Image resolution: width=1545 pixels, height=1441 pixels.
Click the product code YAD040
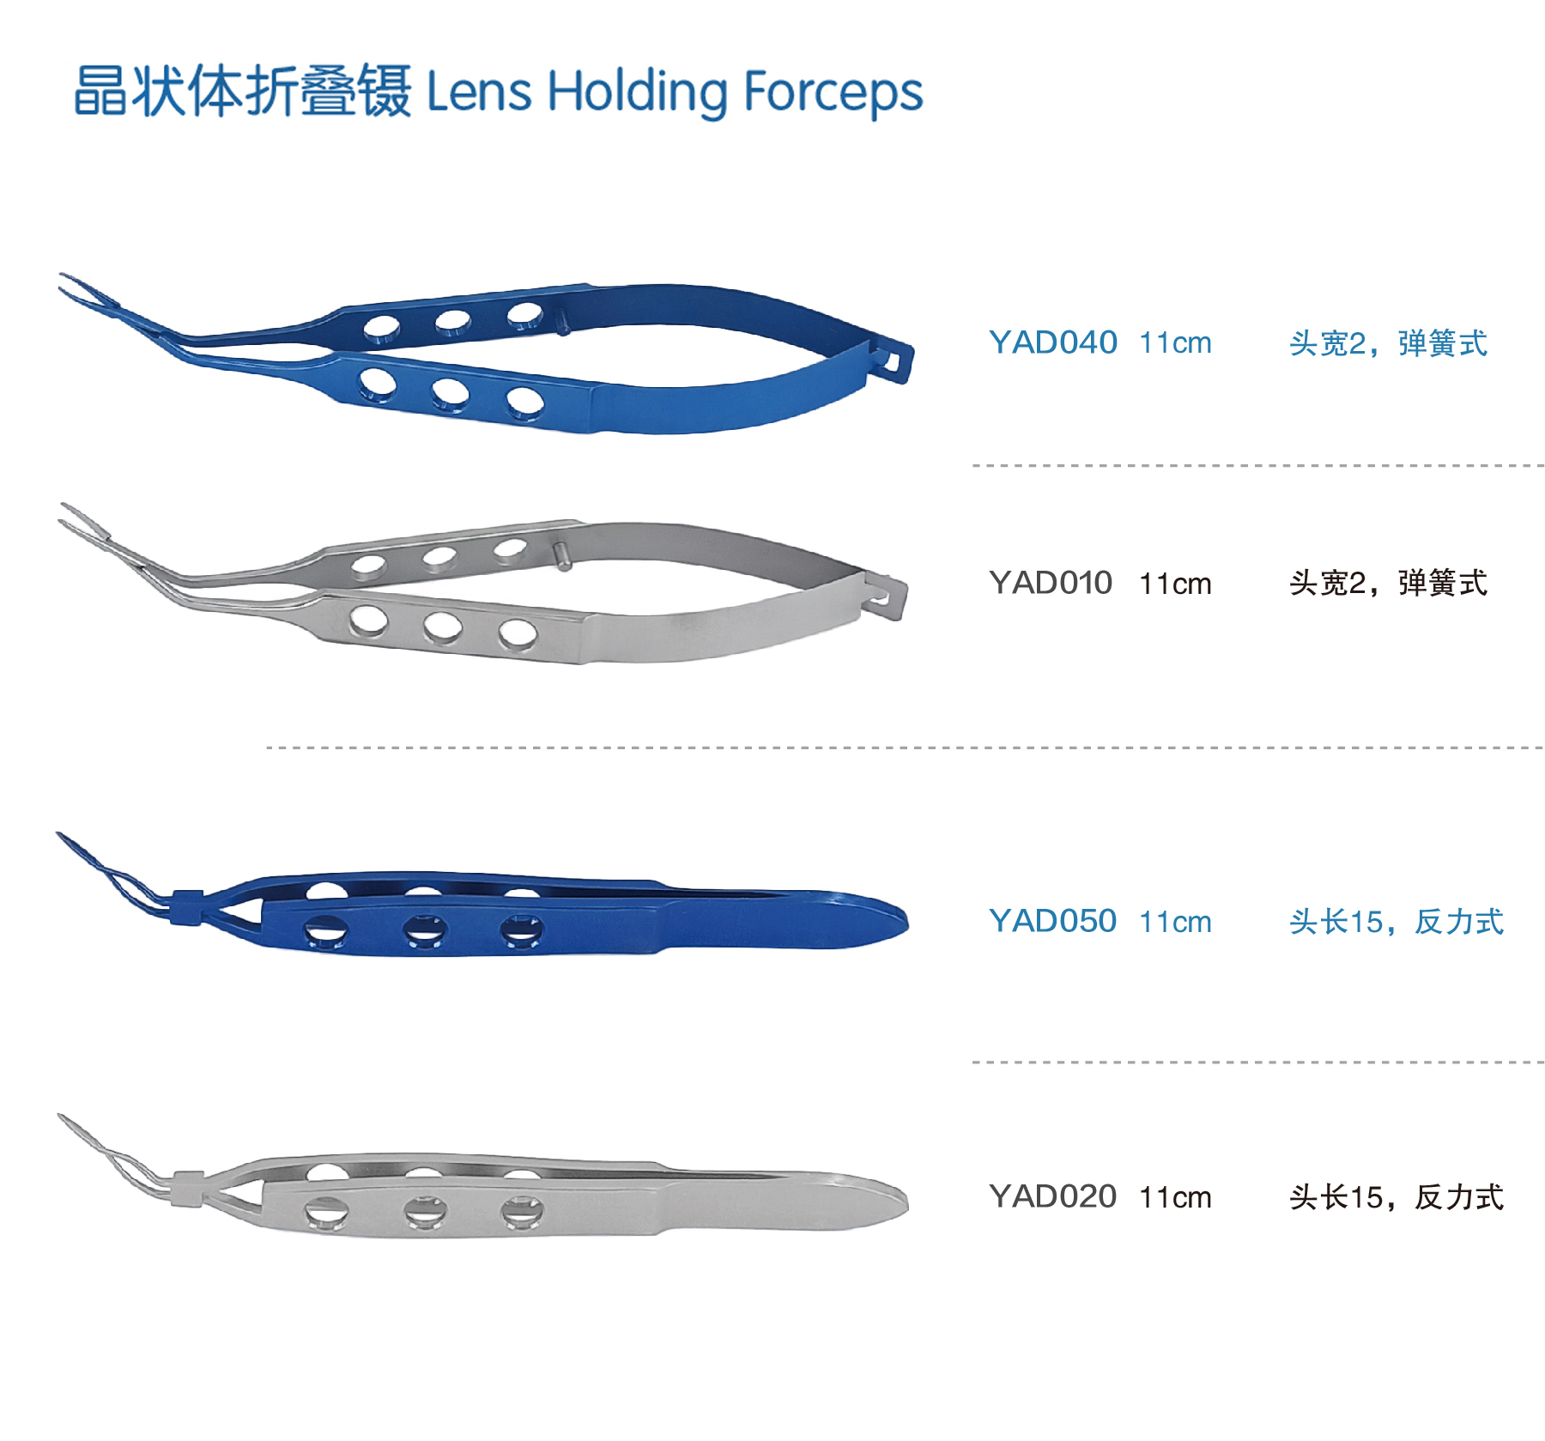tap(1052, 342)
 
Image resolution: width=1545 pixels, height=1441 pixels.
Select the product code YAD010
tap(1051, 583)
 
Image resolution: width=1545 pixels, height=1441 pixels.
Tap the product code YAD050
tap(1052, 921)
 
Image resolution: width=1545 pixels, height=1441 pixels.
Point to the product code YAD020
tap(1052, 1196)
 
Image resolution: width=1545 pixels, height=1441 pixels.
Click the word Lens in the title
tap(479, 91)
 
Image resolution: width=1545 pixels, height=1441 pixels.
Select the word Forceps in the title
tap(833, 93)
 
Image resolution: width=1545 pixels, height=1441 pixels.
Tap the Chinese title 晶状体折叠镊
tap(242, 90)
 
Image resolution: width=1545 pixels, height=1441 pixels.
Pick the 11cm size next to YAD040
tap(1175, 343)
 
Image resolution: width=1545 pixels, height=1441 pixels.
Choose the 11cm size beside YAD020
tap(1175, 1197)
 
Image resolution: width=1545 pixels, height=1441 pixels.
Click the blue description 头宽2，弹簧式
tap(1388, 343)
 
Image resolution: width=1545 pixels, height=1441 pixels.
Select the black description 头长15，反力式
tap(1397, 1197)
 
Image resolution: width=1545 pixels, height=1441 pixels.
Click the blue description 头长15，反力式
tap(1397, 922)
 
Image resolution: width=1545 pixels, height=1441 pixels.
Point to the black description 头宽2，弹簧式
tap(1388, 584)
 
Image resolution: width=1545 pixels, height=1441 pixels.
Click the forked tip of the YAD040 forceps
tap(86, 292)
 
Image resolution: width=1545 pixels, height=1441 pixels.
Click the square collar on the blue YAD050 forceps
tap(187, 907)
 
